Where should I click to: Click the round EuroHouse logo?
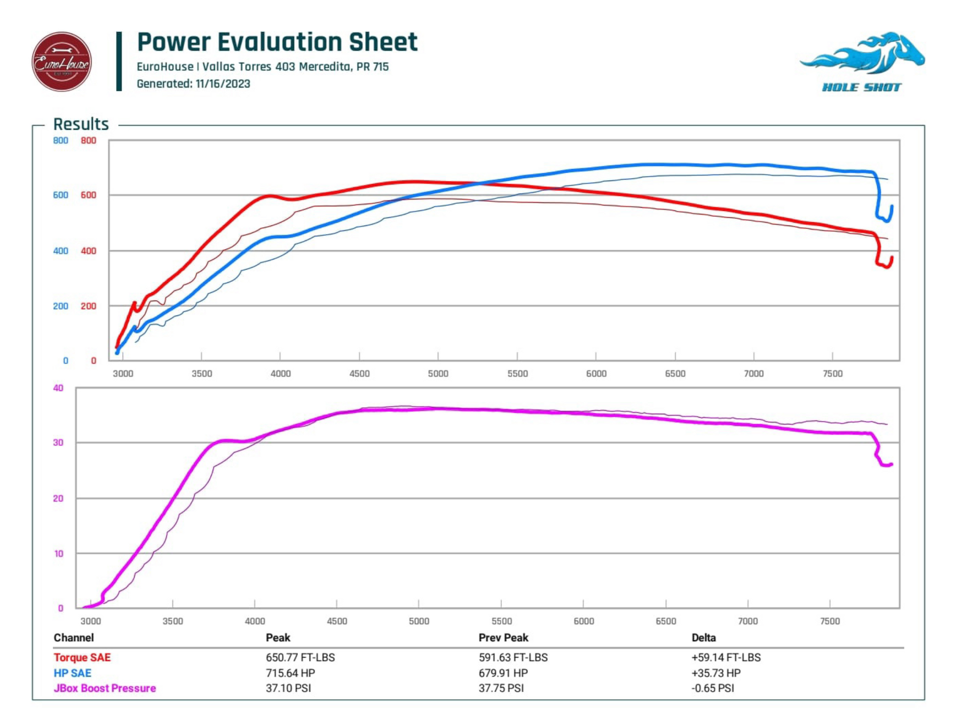[61, 62]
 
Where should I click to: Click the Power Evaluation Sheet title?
[277, 42]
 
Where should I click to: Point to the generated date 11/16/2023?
[223, 84]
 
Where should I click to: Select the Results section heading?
[81, 124]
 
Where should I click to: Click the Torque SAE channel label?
[82, 657]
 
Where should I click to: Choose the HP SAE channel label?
[73, 673]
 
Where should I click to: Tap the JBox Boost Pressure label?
[105, 688]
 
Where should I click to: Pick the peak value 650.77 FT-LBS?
[300, 657]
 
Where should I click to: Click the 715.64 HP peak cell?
[290, 673]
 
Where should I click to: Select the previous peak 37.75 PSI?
[501, 688]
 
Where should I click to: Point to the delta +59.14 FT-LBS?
[726, 657]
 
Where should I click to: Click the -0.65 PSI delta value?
[712, 688]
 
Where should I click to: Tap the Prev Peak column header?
[503, 638]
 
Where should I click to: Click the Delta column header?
[703, 638]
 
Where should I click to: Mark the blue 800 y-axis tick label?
[60, 140]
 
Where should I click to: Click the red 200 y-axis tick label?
[88, 306]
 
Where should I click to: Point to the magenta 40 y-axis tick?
[58, 388]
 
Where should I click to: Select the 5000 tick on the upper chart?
[438, 373]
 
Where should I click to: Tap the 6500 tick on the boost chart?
[665, 621]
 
